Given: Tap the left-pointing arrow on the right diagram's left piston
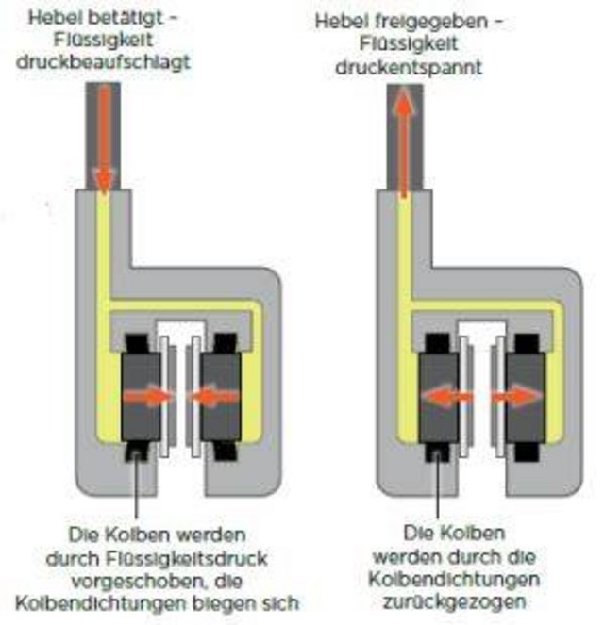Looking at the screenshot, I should [x=445, y=398].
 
